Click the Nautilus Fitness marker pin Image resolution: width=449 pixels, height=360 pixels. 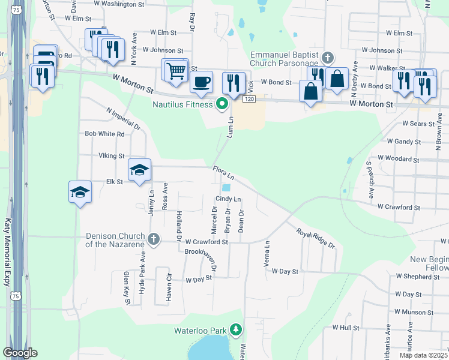point(222,104)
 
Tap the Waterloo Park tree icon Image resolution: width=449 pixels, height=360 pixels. point(237,330)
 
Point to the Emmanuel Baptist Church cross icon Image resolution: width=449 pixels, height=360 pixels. point(327,58)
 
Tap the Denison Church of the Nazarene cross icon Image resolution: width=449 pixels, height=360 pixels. point(154,239)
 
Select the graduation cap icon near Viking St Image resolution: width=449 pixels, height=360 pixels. point(139,170)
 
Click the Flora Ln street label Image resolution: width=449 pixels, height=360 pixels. point(222,174)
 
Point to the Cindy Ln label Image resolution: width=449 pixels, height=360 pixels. point(228,199)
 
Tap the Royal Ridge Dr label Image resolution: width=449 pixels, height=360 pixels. point(315,238)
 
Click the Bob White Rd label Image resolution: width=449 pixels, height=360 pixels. point(104,134)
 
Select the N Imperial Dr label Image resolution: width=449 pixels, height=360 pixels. point(123,119)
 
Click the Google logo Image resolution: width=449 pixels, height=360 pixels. point(20,353)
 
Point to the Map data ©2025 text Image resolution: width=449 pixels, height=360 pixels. point(423,355)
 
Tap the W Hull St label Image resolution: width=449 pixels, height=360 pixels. point(345,328)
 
